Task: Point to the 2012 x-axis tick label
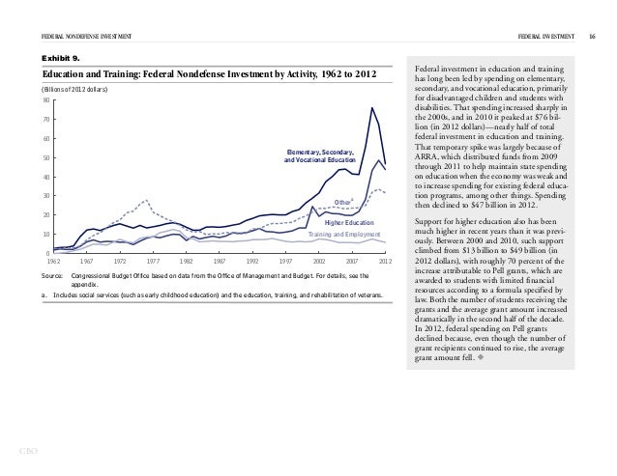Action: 385,262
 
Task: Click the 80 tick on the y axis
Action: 44,100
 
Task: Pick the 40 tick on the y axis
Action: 44,177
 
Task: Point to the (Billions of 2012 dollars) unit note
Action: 73,90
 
